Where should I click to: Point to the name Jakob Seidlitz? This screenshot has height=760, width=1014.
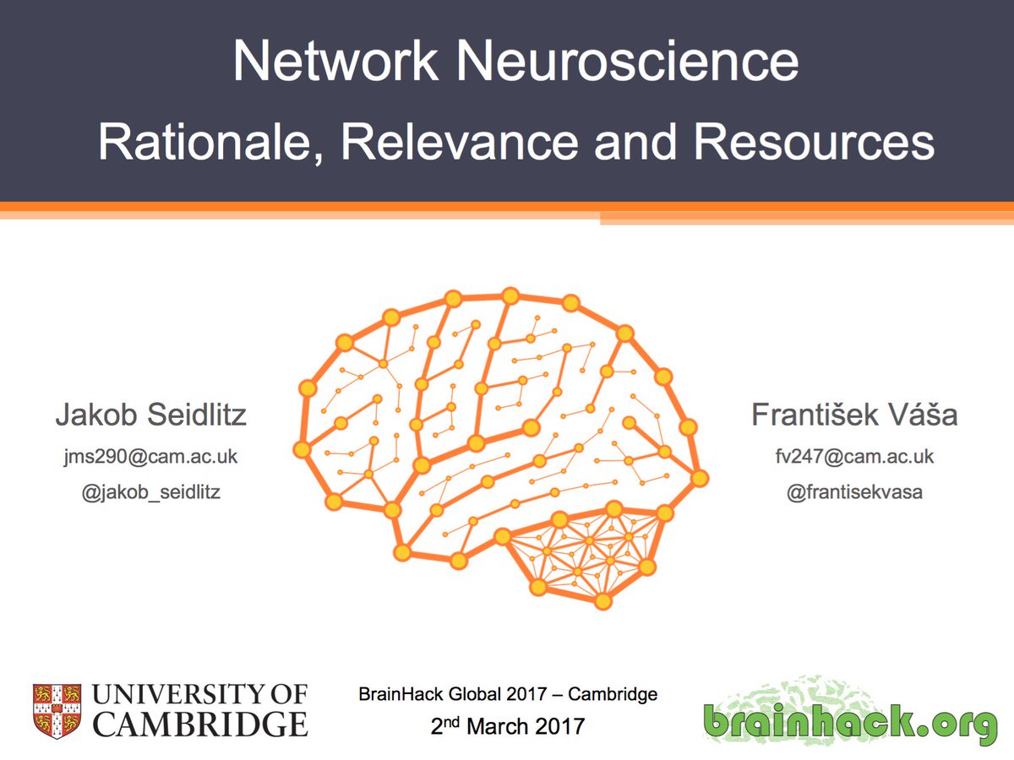151,415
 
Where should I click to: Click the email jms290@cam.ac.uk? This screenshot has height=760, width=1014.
151,457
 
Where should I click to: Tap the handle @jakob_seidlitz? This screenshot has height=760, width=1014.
151,491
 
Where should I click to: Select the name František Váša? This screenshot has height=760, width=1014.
854,415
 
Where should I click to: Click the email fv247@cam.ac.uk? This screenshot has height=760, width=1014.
854,457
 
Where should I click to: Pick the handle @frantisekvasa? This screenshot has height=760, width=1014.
854,491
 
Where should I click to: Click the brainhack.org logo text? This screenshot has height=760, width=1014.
849,723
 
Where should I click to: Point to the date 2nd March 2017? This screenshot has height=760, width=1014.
508,725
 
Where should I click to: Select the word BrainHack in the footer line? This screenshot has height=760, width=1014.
394,696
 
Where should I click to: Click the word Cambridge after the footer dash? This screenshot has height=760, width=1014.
613,696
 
